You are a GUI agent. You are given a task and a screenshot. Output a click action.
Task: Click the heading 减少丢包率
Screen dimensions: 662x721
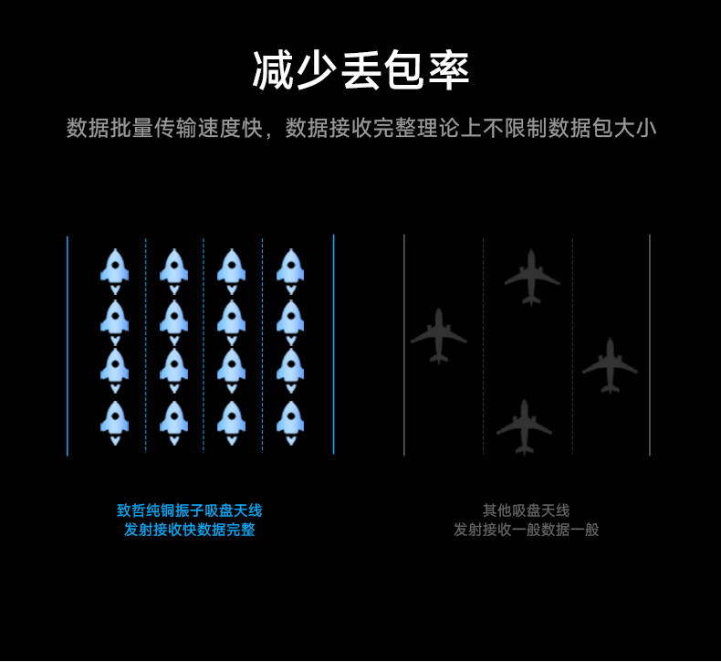360,71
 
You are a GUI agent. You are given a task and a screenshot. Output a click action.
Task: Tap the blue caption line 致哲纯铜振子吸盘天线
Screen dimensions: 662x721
189,510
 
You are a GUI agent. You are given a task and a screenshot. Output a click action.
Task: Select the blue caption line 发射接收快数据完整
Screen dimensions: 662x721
189,530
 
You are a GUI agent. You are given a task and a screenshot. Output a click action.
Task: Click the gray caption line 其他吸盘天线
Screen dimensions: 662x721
526,510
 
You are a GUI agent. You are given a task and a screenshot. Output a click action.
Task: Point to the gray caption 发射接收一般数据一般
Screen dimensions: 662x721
526,530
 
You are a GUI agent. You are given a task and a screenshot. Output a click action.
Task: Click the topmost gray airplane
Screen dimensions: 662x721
532,276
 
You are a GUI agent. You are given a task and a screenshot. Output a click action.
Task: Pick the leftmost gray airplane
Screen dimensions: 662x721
439,335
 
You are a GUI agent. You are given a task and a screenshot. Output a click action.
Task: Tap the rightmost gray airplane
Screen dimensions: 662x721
610,364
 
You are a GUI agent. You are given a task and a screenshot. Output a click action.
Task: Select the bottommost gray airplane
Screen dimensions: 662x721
524,426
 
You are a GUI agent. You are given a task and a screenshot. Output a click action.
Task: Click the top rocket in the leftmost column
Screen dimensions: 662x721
115,268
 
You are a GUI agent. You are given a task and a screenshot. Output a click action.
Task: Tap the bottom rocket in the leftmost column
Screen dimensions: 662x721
115,420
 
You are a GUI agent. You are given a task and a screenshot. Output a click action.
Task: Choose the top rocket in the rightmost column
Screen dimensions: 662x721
290,268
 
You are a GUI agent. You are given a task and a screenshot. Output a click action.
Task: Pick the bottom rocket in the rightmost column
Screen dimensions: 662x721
290,420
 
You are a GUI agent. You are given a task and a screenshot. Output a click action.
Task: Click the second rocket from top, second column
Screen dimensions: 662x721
173,319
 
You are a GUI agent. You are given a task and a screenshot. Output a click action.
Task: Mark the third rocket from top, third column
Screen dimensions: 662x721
231,369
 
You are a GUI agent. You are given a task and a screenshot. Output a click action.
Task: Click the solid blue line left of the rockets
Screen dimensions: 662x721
68,345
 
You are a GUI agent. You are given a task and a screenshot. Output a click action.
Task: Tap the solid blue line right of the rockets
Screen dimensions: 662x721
334,345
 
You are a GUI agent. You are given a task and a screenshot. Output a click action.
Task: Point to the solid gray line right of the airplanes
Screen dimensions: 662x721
650,345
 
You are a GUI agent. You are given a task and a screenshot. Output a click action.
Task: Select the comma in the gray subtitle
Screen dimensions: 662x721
270,133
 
